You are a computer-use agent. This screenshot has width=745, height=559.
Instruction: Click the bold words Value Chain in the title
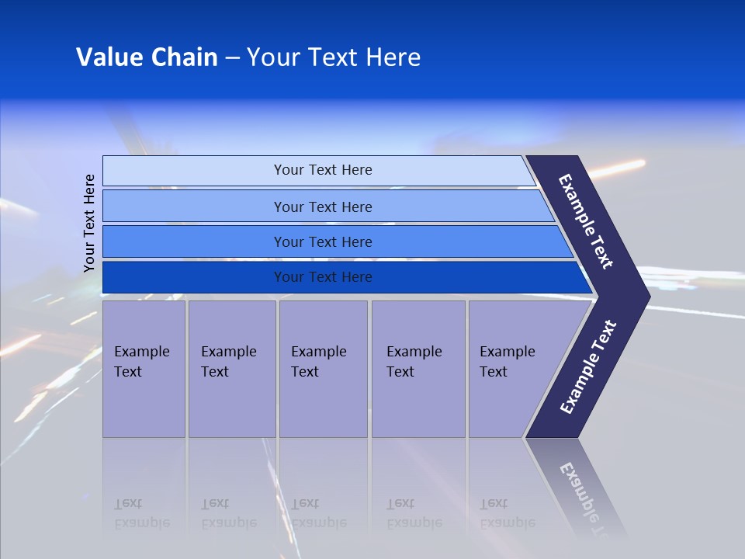click(147, 57)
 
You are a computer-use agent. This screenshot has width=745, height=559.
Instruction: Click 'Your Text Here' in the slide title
click(333, 57)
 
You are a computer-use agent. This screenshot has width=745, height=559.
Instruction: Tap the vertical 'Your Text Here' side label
click(90, 223)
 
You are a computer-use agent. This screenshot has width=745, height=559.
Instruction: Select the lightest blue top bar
click(194, 170)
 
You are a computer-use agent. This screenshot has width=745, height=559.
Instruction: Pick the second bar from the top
click(194, 207)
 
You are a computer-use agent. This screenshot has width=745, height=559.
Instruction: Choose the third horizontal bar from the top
click(194, 241)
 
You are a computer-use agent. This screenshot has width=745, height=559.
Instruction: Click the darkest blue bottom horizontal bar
click(194, 277)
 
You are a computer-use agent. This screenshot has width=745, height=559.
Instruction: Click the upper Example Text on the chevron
click(586, 221)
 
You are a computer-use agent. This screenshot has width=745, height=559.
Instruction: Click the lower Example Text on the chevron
click(587, 367)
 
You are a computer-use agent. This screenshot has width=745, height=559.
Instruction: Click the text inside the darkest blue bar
click(323, 277)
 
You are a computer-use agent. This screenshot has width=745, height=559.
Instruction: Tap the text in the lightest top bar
click(323, 170)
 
